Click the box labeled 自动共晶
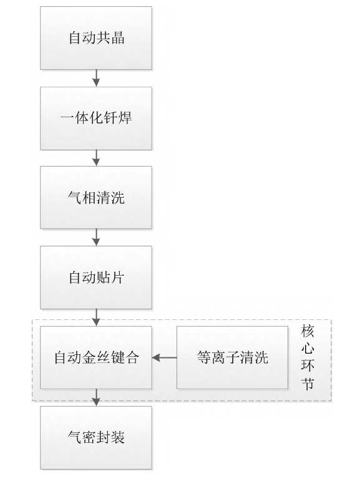[96, 38]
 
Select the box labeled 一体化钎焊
[96, 118]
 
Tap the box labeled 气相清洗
[96, 198]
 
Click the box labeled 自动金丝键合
[96, 359]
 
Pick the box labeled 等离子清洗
[233, 359]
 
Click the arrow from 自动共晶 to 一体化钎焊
[96, 78]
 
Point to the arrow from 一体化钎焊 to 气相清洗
[96, 158]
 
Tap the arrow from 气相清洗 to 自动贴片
[96, 238]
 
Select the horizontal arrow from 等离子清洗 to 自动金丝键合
[165, 359]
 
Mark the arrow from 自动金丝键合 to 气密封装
[96, 398]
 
